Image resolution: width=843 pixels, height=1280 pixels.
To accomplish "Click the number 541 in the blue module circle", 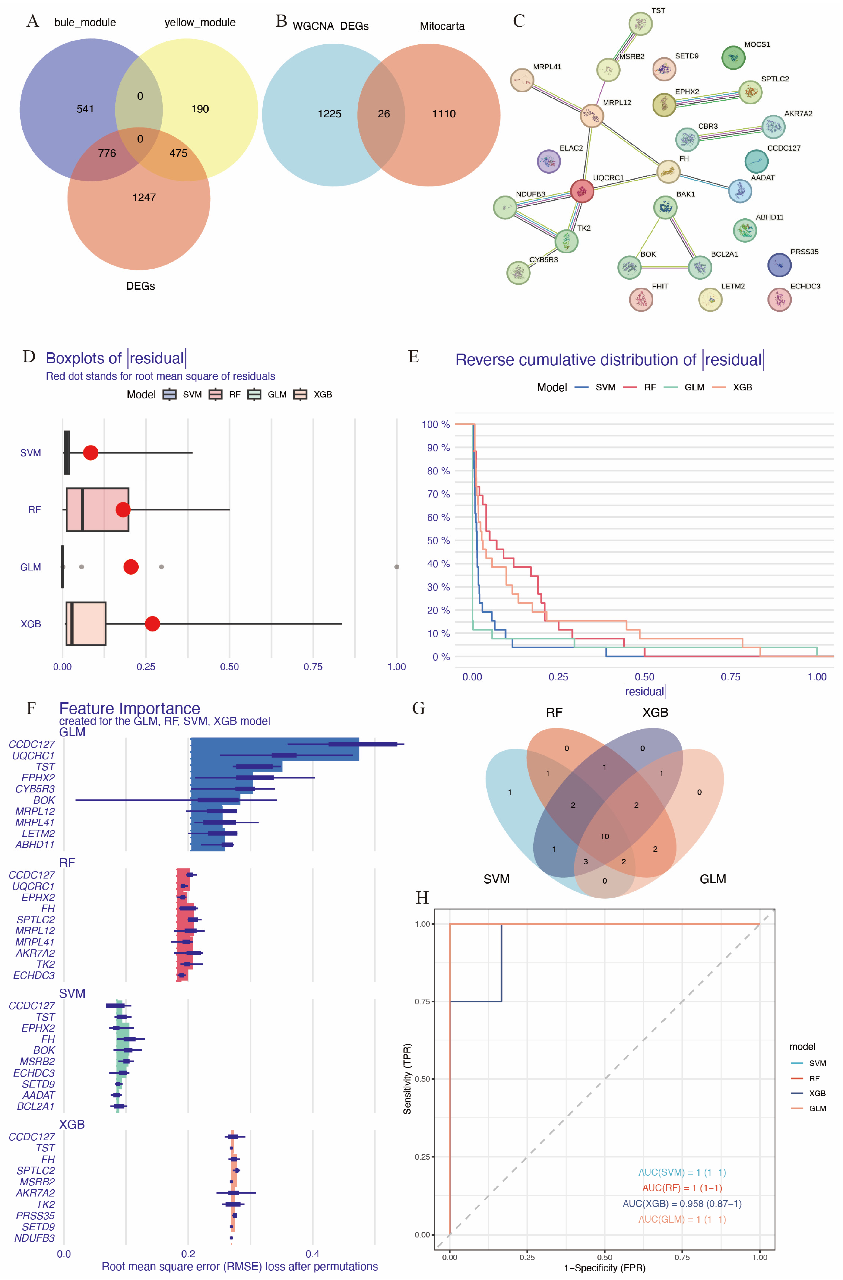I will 85,109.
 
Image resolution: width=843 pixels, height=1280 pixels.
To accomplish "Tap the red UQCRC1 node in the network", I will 582,191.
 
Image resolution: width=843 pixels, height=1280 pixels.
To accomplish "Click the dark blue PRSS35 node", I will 779,265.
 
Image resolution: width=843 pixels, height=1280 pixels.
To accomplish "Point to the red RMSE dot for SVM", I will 90,453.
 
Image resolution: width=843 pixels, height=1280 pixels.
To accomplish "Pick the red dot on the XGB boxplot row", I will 152,624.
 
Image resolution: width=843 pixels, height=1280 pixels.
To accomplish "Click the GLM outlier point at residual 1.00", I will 396,567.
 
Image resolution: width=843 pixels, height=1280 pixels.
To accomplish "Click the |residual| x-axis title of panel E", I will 644,692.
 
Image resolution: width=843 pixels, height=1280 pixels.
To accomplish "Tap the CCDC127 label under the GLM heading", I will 32,744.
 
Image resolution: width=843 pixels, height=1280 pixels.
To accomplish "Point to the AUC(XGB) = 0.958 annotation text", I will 682,1204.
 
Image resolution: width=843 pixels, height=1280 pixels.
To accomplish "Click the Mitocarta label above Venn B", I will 442,26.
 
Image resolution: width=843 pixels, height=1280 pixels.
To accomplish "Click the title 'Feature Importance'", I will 129,708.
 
